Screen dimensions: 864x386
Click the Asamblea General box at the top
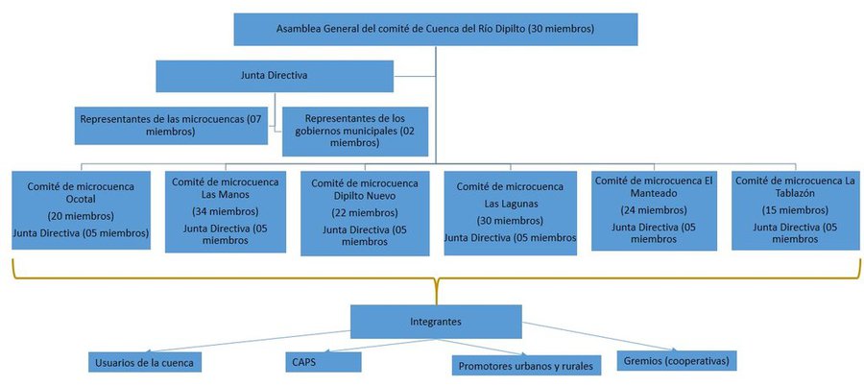pyautogui.click(x=436, y=29)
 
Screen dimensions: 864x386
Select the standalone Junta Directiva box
pyautogui.click(x=275, y=76)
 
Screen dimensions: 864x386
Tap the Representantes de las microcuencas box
pyautogui.click(x=171, y=126)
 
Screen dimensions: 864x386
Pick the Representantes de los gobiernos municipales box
pyautogui.click(x=355, y=132)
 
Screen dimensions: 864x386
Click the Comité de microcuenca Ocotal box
pyautogui.click(x=81, y=210)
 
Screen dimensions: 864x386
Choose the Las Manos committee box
pyautogui.click(x=226, y=212)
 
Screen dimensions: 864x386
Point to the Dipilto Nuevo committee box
pyautogui.click(x=365, y=213)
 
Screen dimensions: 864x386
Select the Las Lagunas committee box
pyautogui.click(x=511, y=213)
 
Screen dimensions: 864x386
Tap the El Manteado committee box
pyautogui.click(x=654, y=210)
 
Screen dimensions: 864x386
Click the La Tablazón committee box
pyautogui.click(x=795, y=210)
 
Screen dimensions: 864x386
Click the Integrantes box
pyautogui.click(x=436, y=322)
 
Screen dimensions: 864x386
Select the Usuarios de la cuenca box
pyautogui.click(x=144, y=362)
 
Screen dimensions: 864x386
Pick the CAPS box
pyautogui.click(x=324, y=362)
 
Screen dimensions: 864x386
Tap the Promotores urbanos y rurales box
pyautogui.click(x=526, y=365)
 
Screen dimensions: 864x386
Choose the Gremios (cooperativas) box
pyautogui.click(x=677, y=361)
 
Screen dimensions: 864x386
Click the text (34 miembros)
pyautogui.click(x=226, y=211)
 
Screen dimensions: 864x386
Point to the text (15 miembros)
pyautogui.click(x=795, y=210)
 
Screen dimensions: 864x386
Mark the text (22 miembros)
pyautogui.click(x=365, y=213)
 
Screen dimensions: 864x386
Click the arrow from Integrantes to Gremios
pyautogui.click(x=599, y=336)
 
